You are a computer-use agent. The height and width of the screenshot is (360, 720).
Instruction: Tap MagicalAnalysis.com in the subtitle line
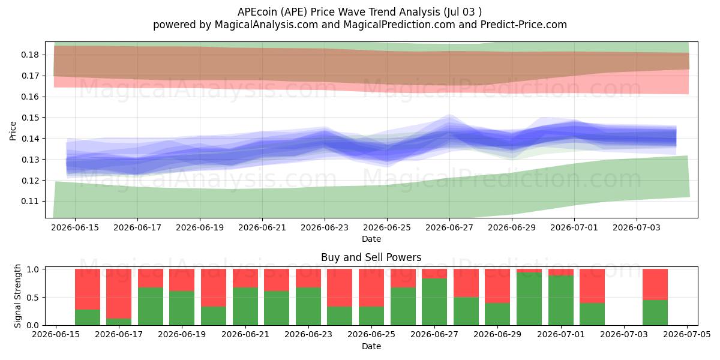click(266, 25)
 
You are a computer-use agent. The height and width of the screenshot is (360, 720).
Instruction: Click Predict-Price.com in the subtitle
click(524, 25)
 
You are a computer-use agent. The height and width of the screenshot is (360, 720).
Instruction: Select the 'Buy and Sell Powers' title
click(371, 257)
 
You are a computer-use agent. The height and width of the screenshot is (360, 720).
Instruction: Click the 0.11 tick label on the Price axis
click(29, 202)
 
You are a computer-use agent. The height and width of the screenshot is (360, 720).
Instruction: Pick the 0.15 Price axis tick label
click(29, 118)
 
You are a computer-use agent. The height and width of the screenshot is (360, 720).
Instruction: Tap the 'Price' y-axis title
click(13, 131)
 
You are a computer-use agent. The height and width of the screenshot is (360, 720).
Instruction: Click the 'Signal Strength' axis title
click(17, 296)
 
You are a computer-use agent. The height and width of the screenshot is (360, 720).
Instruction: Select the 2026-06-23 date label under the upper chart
click(325, 227)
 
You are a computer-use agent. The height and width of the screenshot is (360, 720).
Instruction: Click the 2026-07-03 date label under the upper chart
click(637, 227)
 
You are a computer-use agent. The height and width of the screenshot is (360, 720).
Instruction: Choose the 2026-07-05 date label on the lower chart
click(687, 335)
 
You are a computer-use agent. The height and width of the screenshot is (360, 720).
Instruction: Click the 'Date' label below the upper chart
click(371, 239)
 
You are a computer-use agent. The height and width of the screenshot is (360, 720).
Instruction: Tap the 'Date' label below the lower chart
click(371, 347)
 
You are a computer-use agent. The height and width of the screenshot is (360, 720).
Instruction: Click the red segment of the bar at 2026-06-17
click(119, 294)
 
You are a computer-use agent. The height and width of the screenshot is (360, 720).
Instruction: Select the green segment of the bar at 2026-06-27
click(434, 302)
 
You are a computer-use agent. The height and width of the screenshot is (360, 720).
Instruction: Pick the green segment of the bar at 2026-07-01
click(561, 301)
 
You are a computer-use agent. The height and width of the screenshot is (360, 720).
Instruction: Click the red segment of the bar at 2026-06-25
click(371, 288)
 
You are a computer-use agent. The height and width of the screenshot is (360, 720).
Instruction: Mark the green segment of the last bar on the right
click(655, 313)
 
